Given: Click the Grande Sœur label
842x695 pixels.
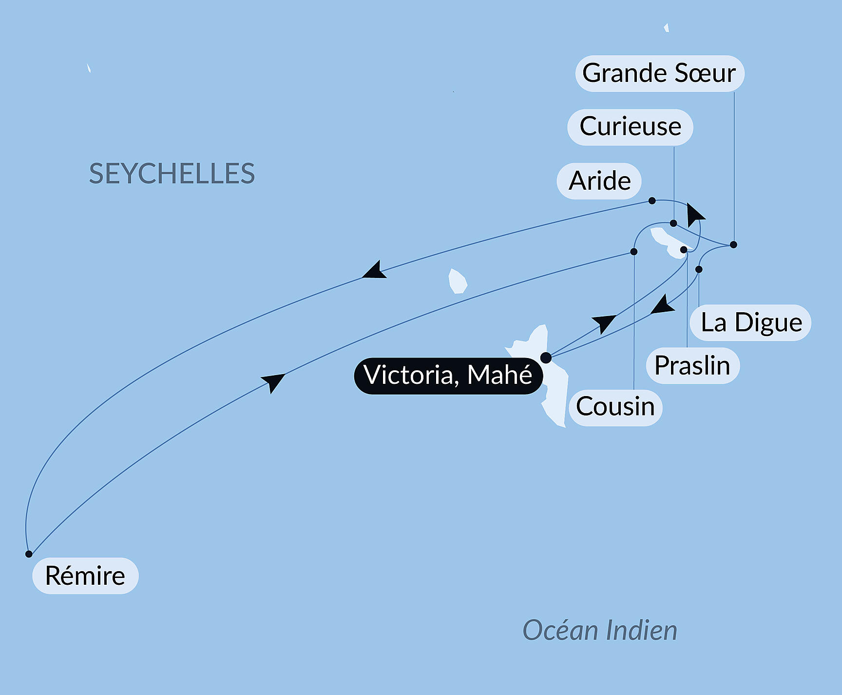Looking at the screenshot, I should [659, 74].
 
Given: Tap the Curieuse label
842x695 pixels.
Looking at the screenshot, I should [630, 127].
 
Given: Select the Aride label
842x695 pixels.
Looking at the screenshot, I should [599, 181].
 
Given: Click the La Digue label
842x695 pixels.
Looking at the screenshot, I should [751, 323].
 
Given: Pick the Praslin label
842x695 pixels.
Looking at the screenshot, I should [692, 366].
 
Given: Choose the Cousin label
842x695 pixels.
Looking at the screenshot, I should [615, 407].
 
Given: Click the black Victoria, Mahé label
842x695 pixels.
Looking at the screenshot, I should [448, 376].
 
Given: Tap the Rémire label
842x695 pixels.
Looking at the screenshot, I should [85, 576].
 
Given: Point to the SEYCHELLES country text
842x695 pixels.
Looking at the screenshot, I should [172, 174].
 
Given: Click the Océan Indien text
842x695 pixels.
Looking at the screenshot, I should [600, 630].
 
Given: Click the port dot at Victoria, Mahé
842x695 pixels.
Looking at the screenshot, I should [546, 357].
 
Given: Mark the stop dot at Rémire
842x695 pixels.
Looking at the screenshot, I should [29, 554].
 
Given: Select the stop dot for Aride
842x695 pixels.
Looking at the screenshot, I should [652, 201].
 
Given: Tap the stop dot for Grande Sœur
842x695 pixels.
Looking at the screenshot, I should [733, 244].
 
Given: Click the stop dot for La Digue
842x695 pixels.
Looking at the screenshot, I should [699, 269].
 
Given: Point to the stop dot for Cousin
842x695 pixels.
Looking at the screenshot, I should [634, 252].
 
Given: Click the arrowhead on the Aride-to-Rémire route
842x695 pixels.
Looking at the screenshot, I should [375, 271].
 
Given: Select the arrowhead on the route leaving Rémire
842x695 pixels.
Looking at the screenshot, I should [273, 381].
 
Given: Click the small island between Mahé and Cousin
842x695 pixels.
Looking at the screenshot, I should [458, 281].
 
